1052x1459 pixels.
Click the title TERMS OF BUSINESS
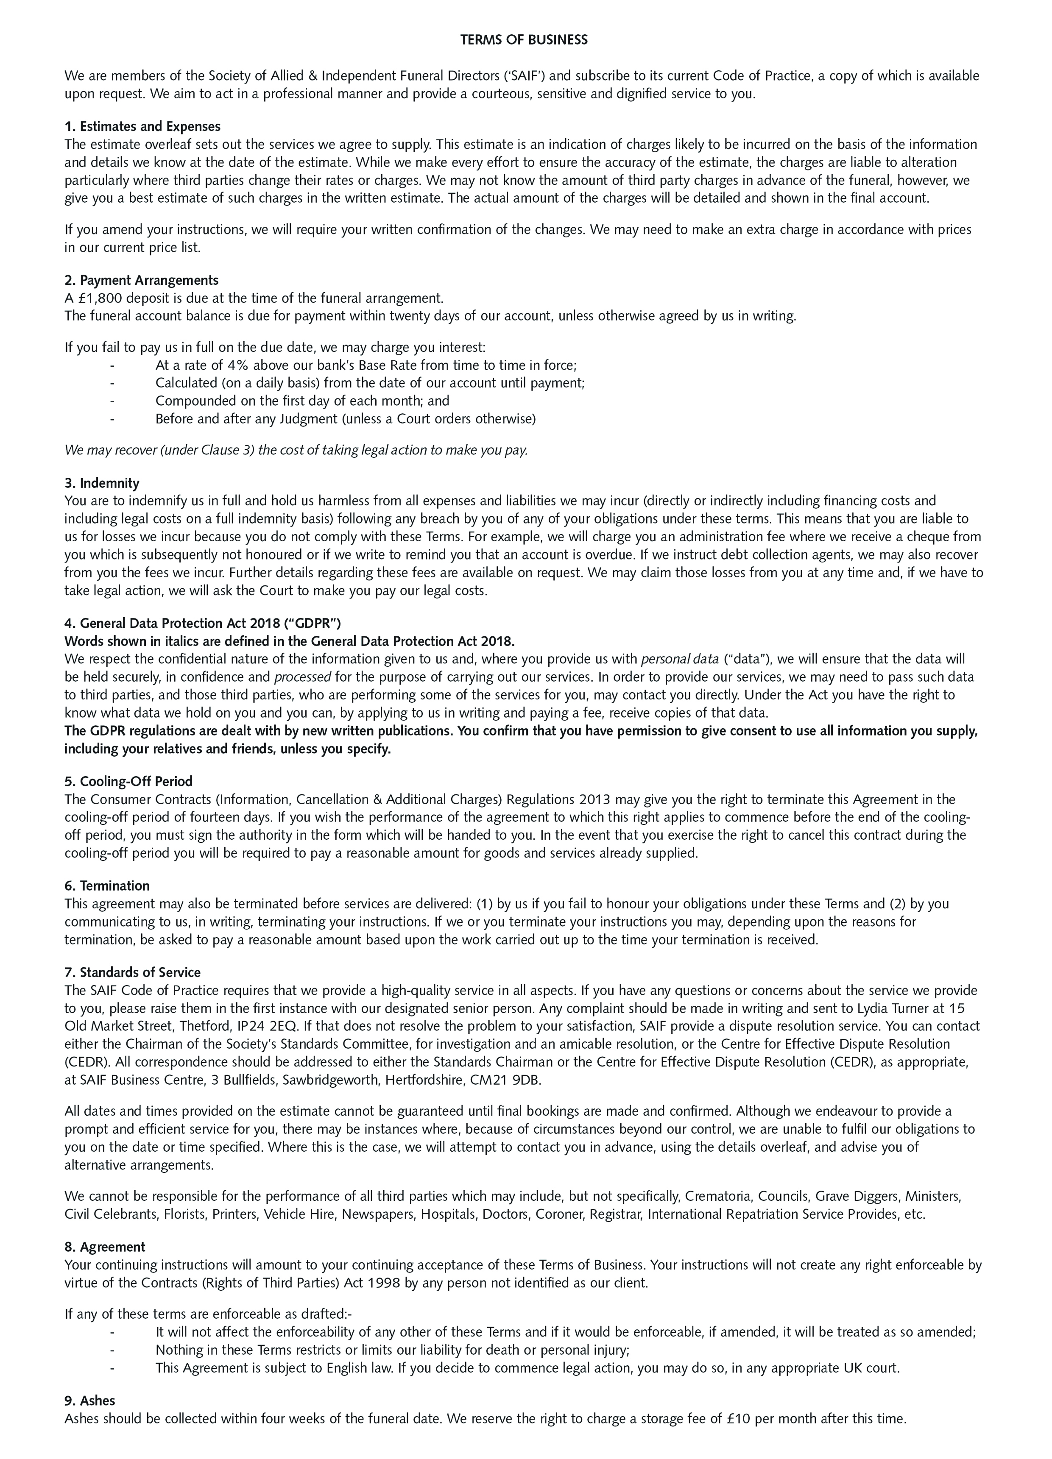tap(524, 40)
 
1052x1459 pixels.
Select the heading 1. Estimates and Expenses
tap(142, 126)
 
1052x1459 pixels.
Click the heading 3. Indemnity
tap(102, 482)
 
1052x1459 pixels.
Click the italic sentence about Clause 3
tap(296, 450)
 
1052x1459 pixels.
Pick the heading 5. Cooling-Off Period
tap(128, 781)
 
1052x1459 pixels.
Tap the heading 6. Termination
tap(107, 885)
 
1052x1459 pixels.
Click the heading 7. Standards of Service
tap(133, 972)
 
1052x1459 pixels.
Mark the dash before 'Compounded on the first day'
tap(113, 401)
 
